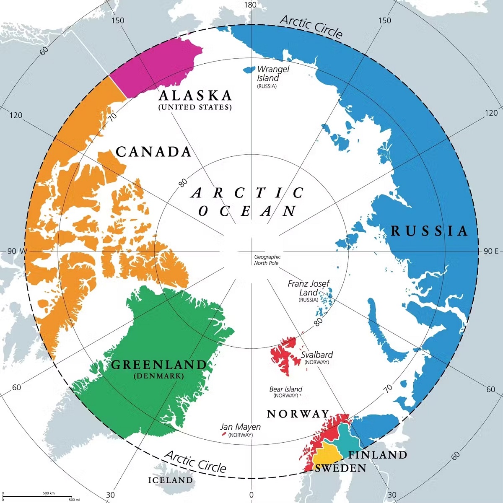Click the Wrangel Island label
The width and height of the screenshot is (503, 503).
click(x=272, y=74)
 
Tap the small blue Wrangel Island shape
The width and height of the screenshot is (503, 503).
click(x=249, y=69)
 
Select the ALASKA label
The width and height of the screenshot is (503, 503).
click(x=195, y=96)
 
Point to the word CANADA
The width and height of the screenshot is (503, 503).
click(x=153, y=152)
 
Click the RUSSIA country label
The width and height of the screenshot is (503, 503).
click(x=429, y=231)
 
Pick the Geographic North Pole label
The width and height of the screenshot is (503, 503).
click(x=267, y=260)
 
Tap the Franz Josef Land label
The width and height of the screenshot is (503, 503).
click(x=309, y=288)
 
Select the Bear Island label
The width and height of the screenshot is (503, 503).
click(x=285, y=389)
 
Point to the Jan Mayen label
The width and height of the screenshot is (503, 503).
click(x=241, y=427)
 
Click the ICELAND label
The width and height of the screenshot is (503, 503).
click(x=171, y=480)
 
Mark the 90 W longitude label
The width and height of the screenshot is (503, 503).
click(x=17, y=251)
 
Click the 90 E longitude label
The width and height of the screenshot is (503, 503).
click(x=491, y=251)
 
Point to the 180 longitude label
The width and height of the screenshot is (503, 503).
click(x=250, y=5)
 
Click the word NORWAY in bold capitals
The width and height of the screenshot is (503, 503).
click(x=298, y=414)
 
